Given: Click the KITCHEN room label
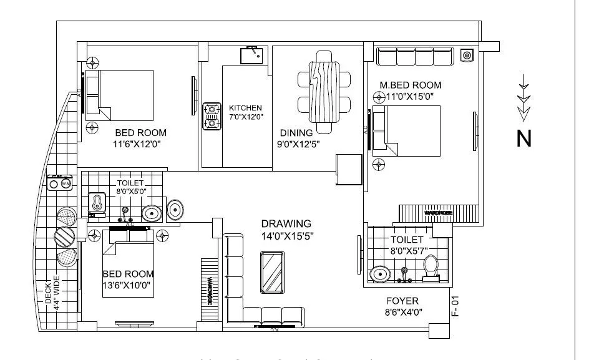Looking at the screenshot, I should (245, 108).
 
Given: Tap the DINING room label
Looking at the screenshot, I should (296, 133).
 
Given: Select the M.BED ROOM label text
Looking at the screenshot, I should (410, 85).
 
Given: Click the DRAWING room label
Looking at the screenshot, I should (286, 224).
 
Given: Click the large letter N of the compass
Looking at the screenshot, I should (524, 139).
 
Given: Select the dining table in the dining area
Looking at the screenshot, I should (324, 87).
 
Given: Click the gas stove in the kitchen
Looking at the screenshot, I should (212, 116).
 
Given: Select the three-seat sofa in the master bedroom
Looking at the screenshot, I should (415, 57).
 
